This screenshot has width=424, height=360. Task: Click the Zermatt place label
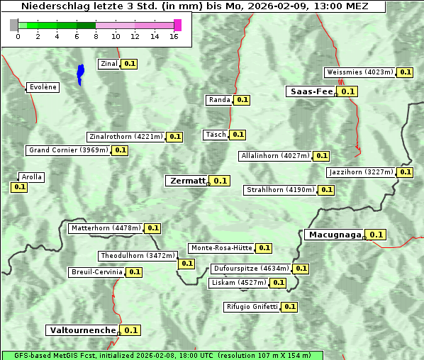[x=186, y=181]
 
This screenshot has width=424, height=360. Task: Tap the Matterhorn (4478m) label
[x=106, y=228]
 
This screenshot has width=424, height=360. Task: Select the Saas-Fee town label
[x=311, y=91]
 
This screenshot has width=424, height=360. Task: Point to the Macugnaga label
[x=334, y=235]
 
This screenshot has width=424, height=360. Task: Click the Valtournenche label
[x=82, y=330]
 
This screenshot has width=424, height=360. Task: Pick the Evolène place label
[x=43, y=87]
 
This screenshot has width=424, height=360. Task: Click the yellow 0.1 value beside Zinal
[x=129, y=64]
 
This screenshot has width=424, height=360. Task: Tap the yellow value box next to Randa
[x=242, y=100]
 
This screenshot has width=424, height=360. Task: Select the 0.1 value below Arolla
[x=19, y=187]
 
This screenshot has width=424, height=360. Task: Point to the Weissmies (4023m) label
[x=359, y=72]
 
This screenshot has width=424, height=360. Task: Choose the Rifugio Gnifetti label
[x=252, y=307]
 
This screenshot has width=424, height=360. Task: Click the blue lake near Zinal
[x=80, y=74]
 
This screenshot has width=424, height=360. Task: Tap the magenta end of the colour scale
[x=177, y=25]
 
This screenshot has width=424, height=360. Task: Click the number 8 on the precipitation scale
[x=95, y=36]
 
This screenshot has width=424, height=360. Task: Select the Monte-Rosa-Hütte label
[x=221, y=248]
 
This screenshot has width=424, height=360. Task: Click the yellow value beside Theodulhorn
[x=186, y=264]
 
